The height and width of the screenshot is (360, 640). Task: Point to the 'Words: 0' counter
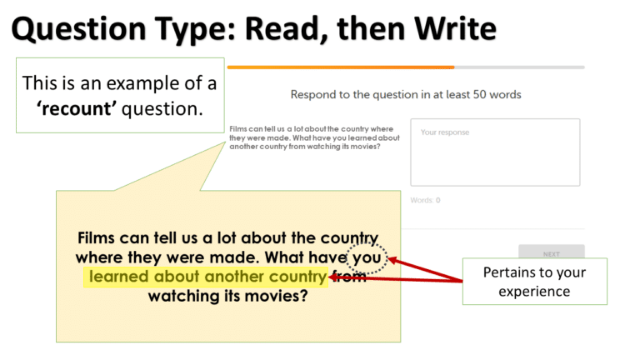pyautogui.click(x=425, y=200)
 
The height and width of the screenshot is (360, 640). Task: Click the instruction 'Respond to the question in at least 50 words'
pyautogui.click(x=406, y=94)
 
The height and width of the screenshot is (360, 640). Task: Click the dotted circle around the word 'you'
pyautogui.click(x=367, y=257)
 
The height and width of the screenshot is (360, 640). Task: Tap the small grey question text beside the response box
pyautogui.click(x=313, y=137)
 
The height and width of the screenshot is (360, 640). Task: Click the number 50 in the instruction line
pyautogui.click(x=480, y=94)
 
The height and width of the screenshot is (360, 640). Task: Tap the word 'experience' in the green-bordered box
pyautogui.click(x=534, y=292)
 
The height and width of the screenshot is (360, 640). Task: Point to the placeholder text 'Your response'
pyautogui.click(x=445, y=132)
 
